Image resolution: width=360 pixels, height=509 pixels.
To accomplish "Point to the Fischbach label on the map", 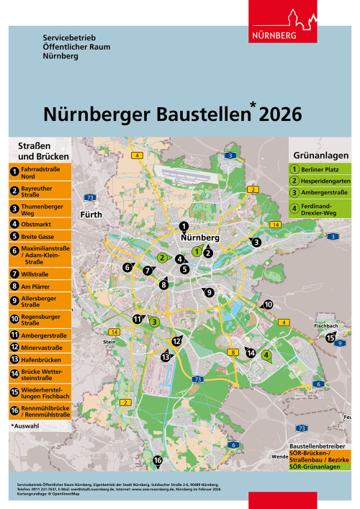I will click(x=326, y=325).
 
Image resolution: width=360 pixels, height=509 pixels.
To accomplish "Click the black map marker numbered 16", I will click(x=157, y=460).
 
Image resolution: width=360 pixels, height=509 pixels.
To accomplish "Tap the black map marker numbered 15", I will click(x=330, y=338).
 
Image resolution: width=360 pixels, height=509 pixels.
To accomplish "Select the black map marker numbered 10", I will click(x=268, y=305).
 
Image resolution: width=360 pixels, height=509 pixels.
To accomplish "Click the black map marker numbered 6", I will click(x=127, y=267).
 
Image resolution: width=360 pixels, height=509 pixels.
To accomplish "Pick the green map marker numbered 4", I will click(x=266, y=354).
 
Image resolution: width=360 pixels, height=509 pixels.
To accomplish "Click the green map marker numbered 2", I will click(x=163, y=258).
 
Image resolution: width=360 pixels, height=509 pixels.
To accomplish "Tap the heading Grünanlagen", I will click(x=321, y=155).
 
